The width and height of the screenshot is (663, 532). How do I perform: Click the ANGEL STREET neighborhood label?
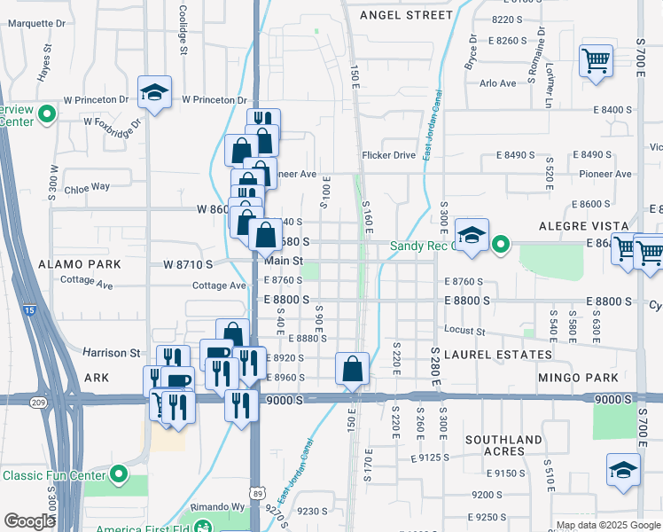click(406, 15)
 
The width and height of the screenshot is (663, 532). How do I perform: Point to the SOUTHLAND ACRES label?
click(503, 445)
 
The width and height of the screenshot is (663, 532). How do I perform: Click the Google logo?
click(29, 521)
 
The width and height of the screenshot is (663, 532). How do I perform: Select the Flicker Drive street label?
click(388, 155)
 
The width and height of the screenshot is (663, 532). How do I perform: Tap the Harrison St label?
click(106, 352)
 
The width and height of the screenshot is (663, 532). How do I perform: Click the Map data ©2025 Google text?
click(608, 525)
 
